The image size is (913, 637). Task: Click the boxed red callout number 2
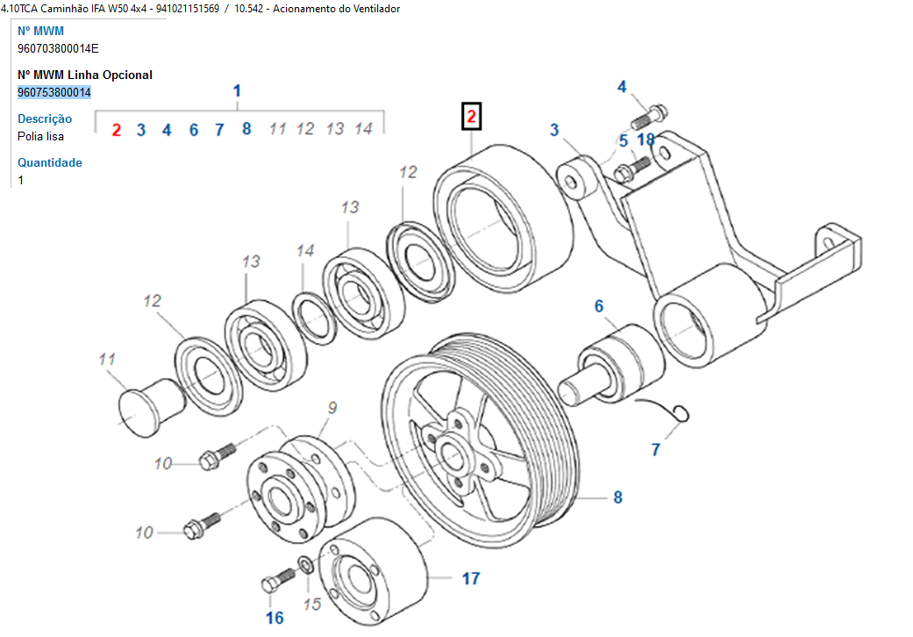472,117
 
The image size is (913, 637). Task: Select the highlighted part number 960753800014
54,92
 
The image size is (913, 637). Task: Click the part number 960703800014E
58,48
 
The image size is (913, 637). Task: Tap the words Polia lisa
40,136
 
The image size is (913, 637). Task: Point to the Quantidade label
50,162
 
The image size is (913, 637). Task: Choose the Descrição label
45,118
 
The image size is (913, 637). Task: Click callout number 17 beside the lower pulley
471,578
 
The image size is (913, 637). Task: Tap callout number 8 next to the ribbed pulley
617,497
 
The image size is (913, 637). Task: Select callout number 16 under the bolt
275,618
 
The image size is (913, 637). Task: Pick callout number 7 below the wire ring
655,450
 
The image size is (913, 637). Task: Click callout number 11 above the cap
107,359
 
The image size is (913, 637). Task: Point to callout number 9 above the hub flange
332,407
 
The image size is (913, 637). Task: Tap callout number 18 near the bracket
646,140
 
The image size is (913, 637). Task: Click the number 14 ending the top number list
363,129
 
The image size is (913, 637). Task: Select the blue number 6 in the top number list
194,130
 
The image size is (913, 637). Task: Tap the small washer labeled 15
307,563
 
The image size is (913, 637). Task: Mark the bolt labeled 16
280,580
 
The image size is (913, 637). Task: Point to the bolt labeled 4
650,114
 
